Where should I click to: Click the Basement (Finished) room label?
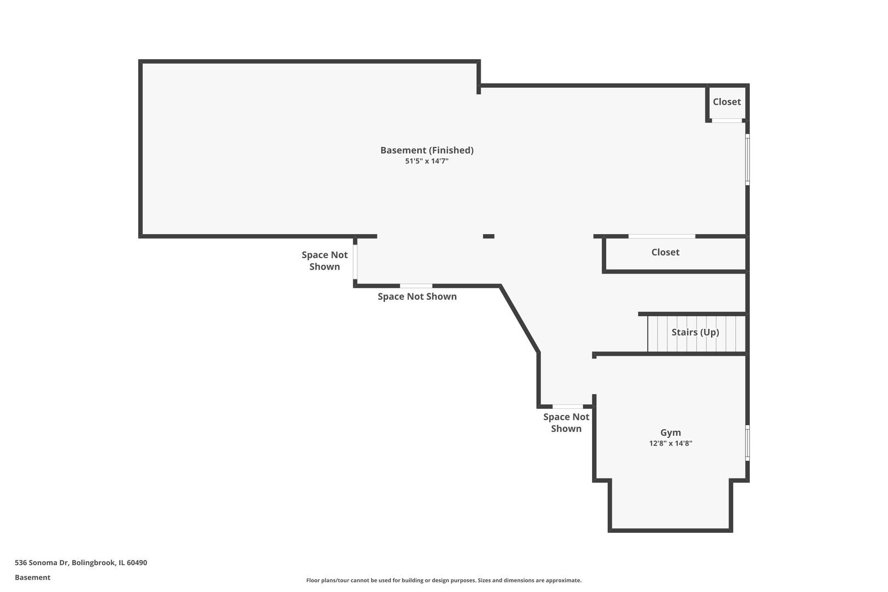(x=427, y=150)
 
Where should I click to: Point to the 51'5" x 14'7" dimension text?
(x=426, y=161)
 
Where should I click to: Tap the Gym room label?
(x=670, y=432)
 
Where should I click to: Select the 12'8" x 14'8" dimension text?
(x=670, y=443)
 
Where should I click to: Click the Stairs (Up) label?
(x=695, y=332)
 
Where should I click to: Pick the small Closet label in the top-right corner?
(x=727, y=102)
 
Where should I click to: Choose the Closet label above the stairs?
(x=665, y=252)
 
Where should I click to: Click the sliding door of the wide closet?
(x=662, y=236)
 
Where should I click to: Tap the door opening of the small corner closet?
(x=727, y=121)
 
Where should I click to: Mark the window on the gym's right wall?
(x=747, y=443)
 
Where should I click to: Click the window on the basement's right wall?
(x=747, y=160)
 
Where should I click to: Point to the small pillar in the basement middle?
(x=488, y=236)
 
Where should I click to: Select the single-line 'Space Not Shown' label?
(x=417, y=297)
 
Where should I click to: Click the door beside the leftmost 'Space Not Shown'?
(x=355, y=261)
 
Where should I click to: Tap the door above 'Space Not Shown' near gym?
(x=568, y=406)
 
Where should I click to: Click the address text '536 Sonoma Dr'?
(x=42, y=562)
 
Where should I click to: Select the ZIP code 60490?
(x=137, y=562)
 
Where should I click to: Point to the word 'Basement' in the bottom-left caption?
(x=32, y=577)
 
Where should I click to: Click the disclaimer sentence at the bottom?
(x=443, y=580)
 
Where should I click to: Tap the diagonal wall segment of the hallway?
(x=520, y=318)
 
